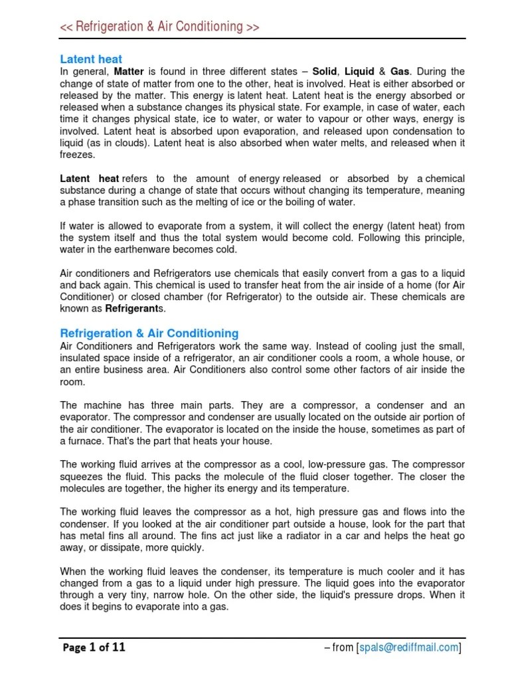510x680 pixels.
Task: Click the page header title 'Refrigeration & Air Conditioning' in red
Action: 159,27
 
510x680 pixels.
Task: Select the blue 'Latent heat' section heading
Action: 91,59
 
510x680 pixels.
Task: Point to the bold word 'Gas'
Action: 400,71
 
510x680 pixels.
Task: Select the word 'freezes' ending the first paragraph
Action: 78,155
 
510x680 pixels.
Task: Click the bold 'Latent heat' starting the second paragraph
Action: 90,179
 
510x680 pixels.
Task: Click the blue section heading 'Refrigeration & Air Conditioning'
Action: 149,333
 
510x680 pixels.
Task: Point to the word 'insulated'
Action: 81,357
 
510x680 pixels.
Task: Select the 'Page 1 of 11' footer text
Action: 94,647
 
